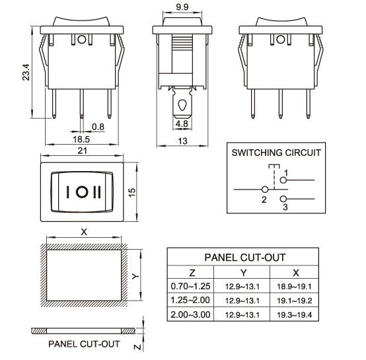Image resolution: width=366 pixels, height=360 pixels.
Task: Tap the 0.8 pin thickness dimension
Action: point(98,127)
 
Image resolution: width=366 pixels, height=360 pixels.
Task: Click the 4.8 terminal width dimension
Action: point(182,123)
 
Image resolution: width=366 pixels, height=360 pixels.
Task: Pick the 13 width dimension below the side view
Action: point(182,140)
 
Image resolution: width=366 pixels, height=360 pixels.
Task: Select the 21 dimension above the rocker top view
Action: point(83,151)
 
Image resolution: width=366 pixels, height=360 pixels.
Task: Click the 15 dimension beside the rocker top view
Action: point(132,192)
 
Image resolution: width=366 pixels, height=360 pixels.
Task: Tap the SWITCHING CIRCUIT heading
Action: point(276,153)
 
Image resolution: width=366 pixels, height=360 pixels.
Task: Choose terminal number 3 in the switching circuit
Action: point(285,207)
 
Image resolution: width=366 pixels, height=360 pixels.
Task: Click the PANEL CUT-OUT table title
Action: point(244,258)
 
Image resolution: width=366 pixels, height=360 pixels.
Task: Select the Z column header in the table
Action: point(192,272)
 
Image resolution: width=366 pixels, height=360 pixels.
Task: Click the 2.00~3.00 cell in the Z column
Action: point(190,314)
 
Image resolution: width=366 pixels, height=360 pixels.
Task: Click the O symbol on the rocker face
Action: point(83,192)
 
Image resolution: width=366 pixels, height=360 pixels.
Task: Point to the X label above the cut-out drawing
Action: point(83,232)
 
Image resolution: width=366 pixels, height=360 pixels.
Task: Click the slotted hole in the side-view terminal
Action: point(182,105)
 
